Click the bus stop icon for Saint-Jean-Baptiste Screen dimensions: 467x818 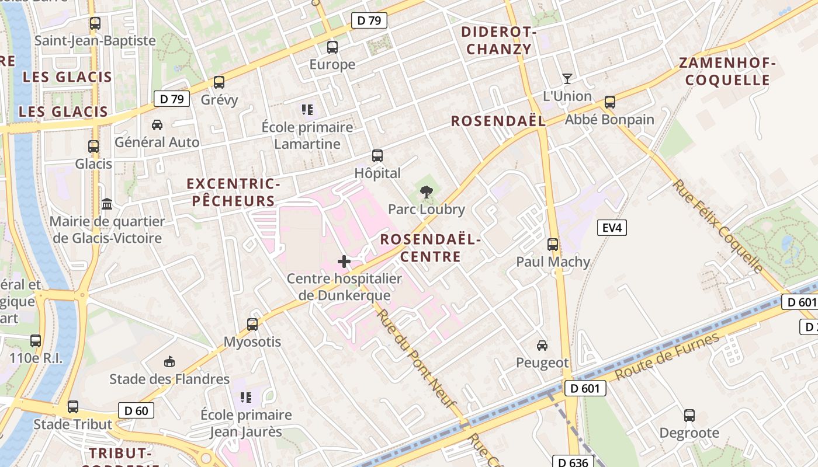click(x=95, y=24)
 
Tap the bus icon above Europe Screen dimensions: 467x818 click(x=332, y=47)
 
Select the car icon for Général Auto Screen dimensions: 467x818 click(x=157, y=125)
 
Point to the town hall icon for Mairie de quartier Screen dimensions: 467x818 click(x=107, y=204)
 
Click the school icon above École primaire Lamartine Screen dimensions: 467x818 click(x=307, y=110)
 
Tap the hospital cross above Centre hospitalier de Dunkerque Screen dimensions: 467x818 click(x=344, y=262)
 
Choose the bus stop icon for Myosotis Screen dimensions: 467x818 click(x=252, y=324)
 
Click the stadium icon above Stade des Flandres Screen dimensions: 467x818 click(x=169, y=362)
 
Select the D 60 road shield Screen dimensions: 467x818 click(x=136, y=410)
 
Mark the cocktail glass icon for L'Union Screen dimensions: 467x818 click(x=567, y=78)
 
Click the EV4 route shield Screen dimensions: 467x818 click(x=612, y=228)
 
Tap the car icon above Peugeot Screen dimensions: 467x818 click(x=542, y=346)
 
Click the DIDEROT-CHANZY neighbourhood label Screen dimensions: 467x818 click(x=499, y=40)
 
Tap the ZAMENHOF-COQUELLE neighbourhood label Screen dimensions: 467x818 click(x=727, y=71)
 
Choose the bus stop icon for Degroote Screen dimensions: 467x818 click(x=689, y=416)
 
